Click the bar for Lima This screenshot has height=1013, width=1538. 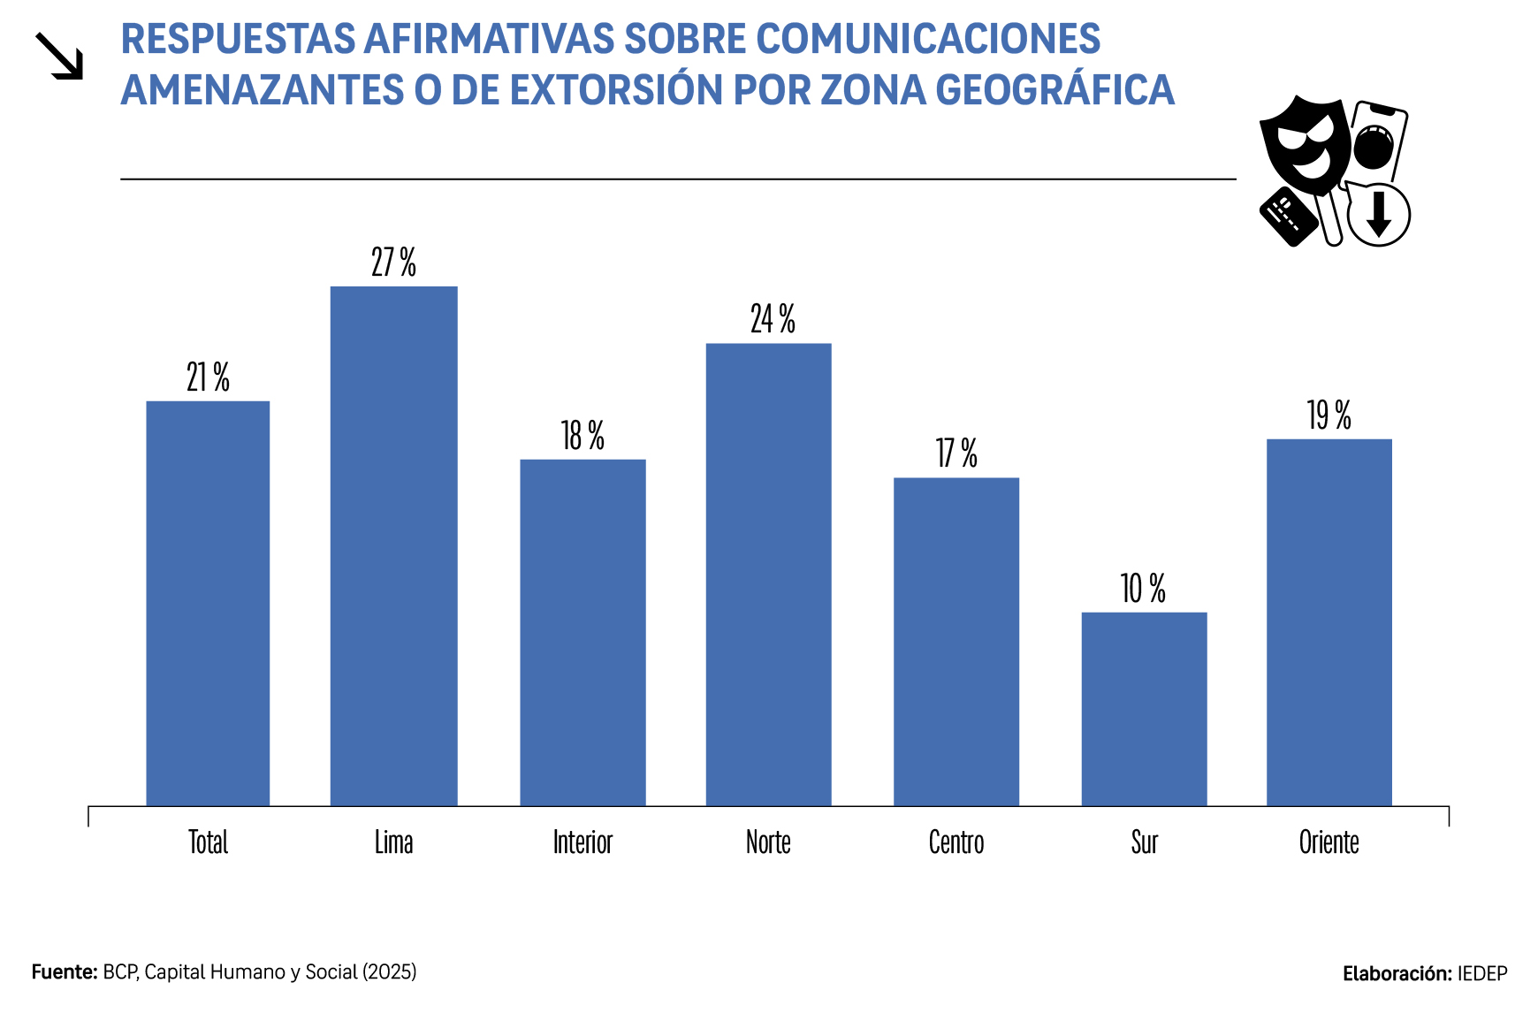click(x=393, y=545)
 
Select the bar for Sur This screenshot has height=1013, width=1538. click(x=1144, y=708)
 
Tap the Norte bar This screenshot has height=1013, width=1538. click(x=768, y=574)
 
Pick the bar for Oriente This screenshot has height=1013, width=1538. click(x=1329, y=621)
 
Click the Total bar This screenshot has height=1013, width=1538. click(x=208, y=603)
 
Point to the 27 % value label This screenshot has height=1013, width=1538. click(x=393, y=263)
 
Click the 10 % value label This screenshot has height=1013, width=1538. click(x=1143, y=589)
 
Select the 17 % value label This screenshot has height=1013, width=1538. click(x=956, y=453)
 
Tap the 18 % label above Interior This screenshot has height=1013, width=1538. click(x=582, y=436)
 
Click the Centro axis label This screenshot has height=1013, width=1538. click(x=956, y=842)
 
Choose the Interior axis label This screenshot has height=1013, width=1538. click(x=582, y=842)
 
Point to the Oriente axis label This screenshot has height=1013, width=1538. click(x=1329, y=842)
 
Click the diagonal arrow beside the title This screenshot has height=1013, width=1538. click(x=59, y=56)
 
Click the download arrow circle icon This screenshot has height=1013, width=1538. click(x=1378, y=215)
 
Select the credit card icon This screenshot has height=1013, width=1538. click(x=1287, y=216)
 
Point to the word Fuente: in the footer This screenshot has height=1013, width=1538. click(x=65, y=972)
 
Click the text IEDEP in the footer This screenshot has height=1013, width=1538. click(x=1482, y=974)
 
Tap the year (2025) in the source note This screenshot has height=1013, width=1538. click(x=389, y=972)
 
